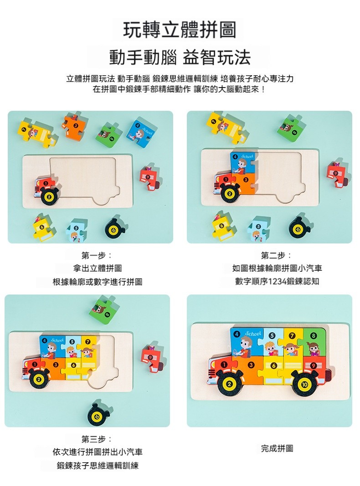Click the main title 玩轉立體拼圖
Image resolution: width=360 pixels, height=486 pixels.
click(180, 30)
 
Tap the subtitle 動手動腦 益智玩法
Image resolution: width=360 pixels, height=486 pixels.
click(180, 57)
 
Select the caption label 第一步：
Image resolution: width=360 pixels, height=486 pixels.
click(97, 255)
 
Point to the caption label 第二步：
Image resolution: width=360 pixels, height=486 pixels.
click(277, 255)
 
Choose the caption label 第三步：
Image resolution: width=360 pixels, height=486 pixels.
click(97, 439)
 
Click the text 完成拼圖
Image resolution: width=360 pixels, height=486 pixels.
click(277, 448)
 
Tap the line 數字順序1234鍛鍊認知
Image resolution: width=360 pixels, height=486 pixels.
click(277, 281)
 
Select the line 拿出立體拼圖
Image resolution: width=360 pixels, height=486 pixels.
click(97, 268)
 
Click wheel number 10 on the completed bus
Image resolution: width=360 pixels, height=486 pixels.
click(304, 384)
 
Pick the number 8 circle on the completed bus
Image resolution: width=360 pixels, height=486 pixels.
click(314, 336)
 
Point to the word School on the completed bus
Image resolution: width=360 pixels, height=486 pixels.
click(253, 334)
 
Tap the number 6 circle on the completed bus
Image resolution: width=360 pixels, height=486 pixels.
click(273, 366)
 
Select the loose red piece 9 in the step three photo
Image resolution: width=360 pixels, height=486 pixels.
click(152, 359)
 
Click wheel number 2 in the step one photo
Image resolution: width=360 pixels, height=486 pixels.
click(48, 196)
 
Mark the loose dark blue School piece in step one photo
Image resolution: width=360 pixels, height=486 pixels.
click(140, 133)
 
